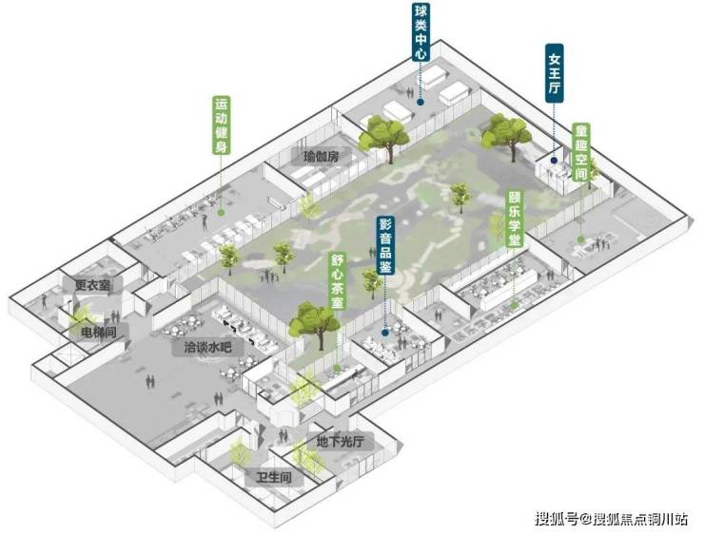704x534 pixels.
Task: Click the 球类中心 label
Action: tap(421, 32)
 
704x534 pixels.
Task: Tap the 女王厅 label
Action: tap(555, 73)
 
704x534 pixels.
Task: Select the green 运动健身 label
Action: tap(221, 125)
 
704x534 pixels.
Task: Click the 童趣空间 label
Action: tap(581, 152)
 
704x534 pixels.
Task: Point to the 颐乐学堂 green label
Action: tap(514, 219)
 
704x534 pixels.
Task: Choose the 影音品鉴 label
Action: tap(385, 245)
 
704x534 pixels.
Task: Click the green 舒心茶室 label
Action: tap(337, 280)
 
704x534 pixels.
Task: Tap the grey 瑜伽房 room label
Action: tap(322, 157)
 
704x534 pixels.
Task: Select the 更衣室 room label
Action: tap(92, 285)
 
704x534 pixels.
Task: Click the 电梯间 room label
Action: tap(99, 333)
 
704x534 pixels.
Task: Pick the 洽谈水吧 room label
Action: tap(208, 347)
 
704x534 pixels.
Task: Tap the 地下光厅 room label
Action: tap(340, 442)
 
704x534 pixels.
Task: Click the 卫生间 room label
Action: tap(274, 477)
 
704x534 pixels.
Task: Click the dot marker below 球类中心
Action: tap(420, 103)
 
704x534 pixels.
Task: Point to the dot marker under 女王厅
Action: tap(555, 160)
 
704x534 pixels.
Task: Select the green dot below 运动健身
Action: tap(221, 213)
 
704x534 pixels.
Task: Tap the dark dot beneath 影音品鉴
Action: tap(384, 333)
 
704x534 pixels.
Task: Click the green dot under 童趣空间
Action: tap(580, 239)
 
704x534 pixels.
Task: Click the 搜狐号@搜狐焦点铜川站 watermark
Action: tap(611, 519)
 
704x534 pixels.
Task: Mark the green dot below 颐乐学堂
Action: tap(514, 304)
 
